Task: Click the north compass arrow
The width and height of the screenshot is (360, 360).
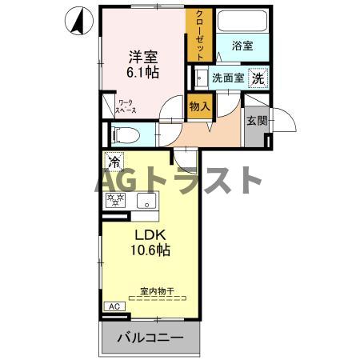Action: (x=79, y=22)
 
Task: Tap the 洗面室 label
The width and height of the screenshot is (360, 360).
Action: (x=226, y=78)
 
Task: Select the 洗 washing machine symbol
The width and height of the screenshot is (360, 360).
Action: (x=258, y=78)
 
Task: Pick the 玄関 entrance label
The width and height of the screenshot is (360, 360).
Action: (x=256, y=122)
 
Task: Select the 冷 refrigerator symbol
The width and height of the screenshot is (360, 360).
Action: (x=114, y=162)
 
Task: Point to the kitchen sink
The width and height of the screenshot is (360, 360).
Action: (x=146, y=201)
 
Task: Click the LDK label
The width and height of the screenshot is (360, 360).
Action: (x=149, y=235)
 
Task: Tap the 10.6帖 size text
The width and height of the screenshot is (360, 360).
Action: (x=149, y=251)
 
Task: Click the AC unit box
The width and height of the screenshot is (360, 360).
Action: (x=114, y=306)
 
